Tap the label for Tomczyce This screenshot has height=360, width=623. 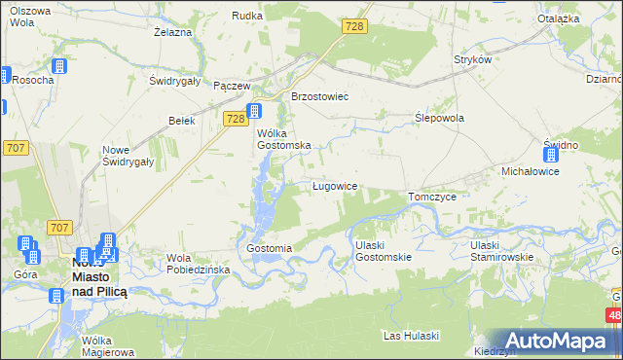(x=432, y=196)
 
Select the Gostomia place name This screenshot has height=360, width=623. (x=270, y=248)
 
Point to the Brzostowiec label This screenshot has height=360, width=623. (x=320, y=96)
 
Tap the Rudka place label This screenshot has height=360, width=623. (x=247, y=16)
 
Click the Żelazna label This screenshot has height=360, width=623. (x=171, y=32)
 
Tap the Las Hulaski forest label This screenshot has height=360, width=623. (x=412, y=336)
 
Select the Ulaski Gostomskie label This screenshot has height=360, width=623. (x=384, y=250)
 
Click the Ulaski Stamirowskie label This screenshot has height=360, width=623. (x=499, y=250)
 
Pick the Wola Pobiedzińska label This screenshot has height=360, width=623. (x=198, y=264)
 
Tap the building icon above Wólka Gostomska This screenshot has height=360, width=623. (x=254, y=111)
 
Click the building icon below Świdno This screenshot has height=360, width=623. (x=551, y=154)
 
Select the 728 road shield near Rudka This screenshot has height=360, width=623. (x=354, y=26)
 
